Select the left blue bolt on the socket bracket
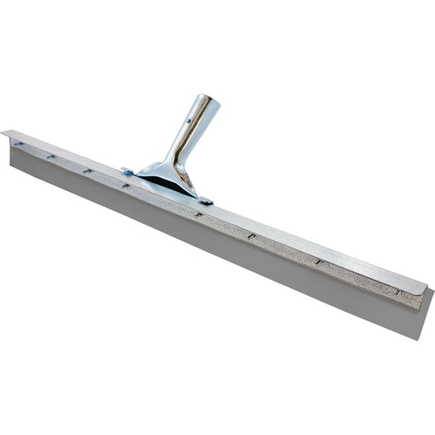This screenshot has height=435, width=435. point(127,171)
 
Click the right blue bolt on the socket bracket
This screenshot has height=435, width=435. point(205,200)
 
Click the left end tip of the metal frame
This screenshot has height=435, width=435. point(4,133)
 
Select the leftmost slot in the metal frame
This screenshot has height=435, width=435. point(18,143)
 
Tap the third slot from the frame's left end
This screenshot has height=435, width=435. point(87,170)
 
